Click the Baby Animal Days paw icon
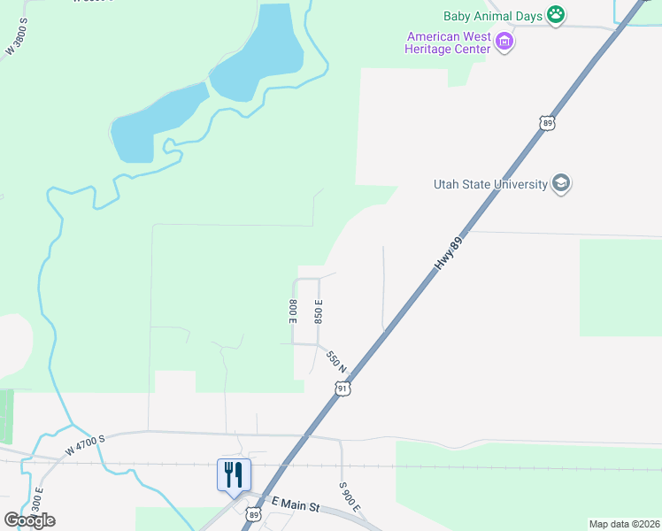point(556,13)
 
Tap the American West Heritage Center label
point(448,42)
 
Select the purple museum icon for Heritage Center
point(504,42)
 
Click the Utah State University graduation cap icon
point(560,184)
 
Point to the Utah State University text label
point(489,184)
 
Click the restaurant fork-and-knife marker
point(234,474)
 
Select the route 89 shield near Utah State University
point(547,123)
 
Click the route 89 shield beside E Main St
point(255,514)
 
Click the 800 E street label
point(292,310)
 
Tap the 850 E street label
point(319,310)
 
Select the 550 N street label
point(335,361)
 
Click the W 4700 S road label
point(85,442)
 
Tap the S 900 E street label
point(349,496)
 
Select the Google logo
point(29,519)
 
